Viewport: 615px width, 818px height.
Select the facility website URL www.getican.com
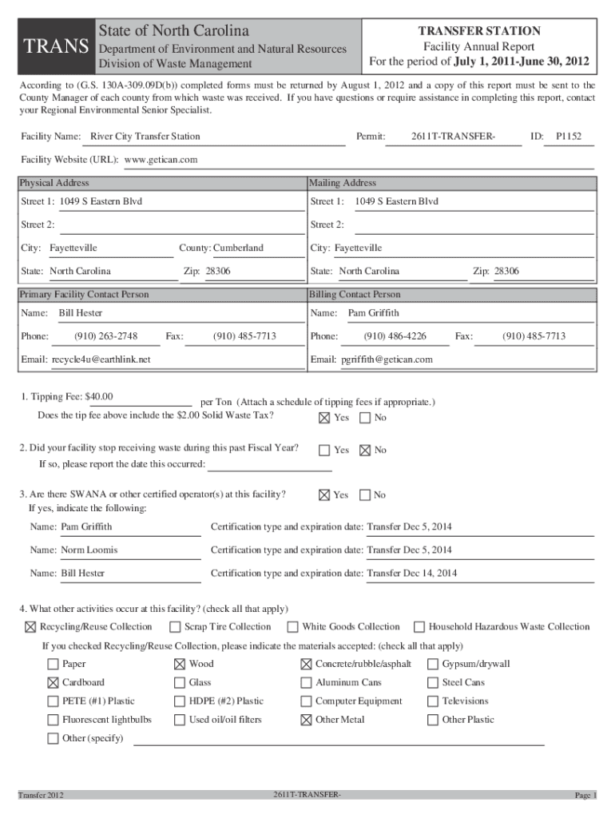click(x=161, y=160)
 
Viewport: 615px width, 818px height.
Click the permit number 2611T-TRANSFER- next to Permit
click(x=453, y=137)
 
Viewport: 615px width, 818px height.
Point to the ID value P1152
click(x=569, y=137)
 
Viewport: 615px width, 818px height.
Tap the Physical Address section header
click(x=54, y=183)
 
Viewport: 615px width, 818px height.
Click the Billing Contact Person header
click(x=355, y=295)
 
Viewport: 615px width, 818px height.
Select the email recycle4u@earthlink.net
click(x=101, y=359)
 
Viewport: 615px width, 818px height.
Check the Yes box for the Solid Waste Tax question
click(x=324, y=418)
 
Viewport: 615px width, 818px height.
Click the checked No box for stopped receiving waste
click(x=365, y=450)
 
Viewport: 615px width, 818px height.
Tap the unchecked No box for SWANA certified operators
click(x=365, y=495)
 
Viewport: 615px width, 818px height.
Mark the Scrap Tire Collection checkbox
click(x=175, y=627)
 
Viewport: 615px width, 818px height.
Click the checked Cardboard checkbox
click(x=53, y=683)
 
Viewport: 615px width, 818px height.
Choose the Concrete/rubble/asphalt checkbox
click(x=306, y=664)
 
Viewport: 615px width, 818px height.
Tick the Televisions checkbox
click(x=433, y=701)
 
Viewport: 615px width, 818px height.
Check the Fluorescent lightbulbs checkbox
click(x=53, y=720)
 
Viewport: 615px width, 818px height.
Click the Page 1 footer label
click(x=585, y=796)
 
